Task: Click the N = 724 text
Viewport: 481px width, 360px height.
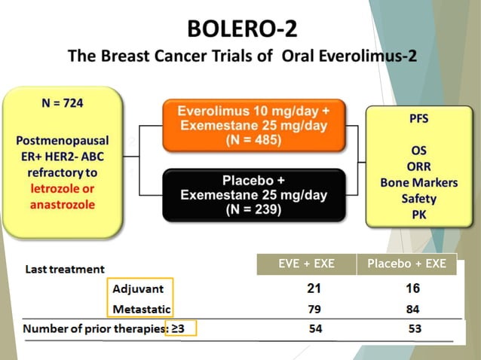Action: tap(63, 103)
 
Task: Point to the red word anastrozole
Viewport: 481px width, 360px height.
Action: tap(62, 204)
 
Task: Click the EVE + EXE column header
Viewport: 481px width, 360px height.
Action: tap(305, 264)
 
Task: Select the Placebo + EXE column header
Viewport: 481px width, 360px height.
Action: tap(406, 264)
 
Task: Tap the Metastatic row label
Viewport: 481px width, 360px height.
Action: tap(142, 309)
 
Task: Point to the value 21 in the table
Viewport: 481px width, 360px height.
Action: tap(315, 288)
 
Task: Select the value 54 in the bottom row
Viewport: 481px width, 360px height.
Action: tap(315, 329)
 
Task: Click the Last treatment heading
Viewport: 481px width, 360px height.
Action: tap(66, 268)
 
